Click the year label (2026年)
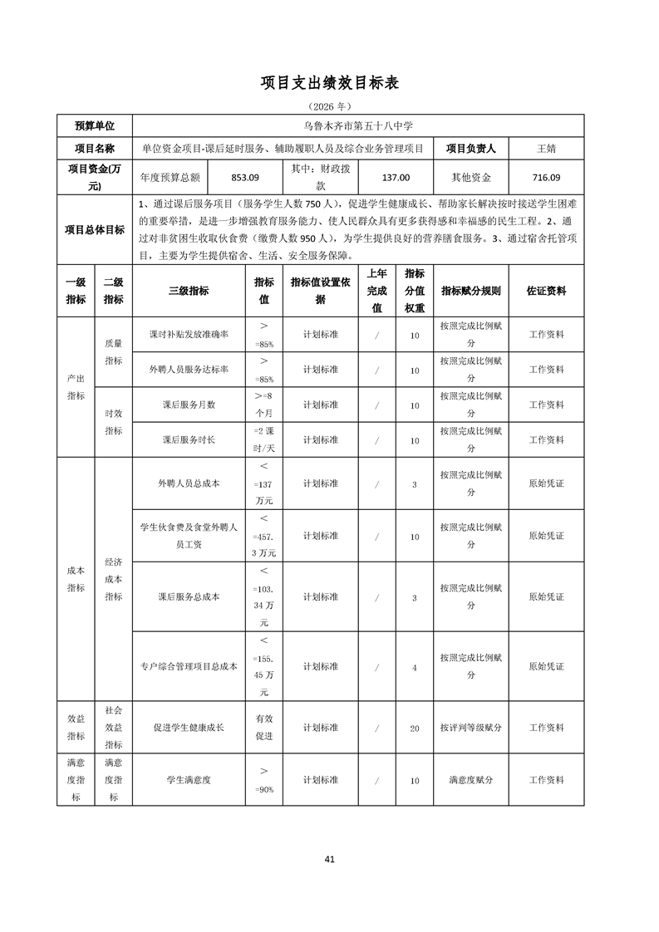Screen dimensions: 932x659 [x=330, y=106]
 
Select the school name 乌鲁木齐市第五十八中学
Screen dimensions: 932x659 [x=357, y=126]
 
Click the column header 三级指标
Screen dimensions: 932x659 [x=189, y=291]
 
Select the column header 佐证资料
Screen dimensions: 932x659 [x=546, y=291]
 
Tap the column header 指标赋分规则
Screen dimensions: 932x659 [x=470, y=291]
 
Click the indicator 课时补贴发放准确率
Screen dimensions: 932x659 [x=189, y=334]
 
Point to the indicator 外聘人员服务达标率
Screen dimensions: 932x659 [x=189, y=370]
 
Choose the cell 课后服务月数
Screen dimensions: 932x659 [x=189, y=405]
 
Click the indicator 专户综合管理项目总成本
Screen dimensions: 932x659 [x=189, y=666]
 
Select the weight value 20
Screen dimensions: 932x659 [x=415, y=728]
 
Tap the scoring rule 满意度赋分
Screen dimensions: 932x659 [x=470, y=781]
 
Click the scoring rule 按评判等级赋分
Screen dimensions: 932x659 [x=470, y=728]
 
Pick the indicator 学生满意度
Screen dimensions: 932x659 [x=189, y=781]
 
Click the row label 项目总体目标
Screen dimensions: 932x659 [x=96, y=230]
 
